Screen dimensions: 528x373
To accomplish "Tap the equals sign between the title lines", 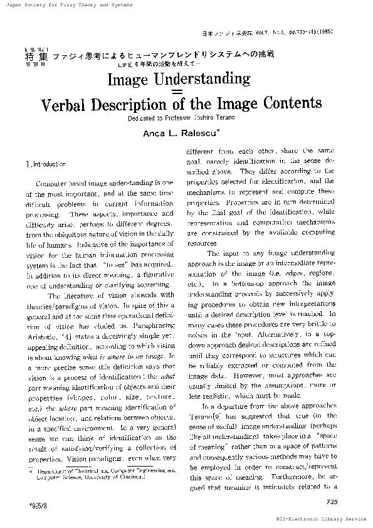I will tap(184, 92).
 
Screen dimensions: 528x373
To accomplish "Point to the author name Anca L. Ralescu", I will tap(184, 134).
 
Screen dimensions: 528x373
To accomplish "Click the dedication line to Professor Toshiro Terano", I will tap(184, 119).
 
